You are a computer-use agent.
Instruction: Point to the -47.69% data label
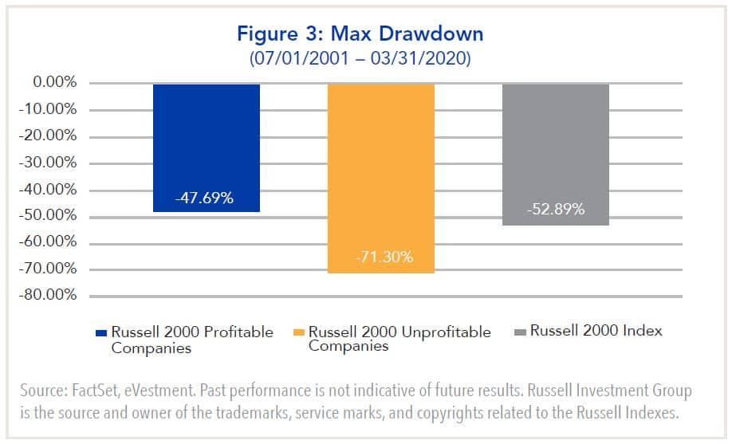tap(206, 198)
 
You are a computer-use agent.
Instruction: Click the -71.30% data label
tap(380, 258)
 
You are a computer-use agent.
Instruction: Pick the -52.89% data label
tap(556, 210)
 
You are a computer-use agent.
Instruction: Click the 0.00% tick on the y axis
tap(49, 83)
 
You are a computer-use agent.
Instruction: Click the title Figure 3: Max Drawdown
tap(366, 35)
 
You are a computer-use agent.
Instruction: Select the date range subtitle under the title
tap(366, 57)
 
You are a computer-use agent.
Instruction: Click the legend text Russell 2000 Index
tap(596, 331)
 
